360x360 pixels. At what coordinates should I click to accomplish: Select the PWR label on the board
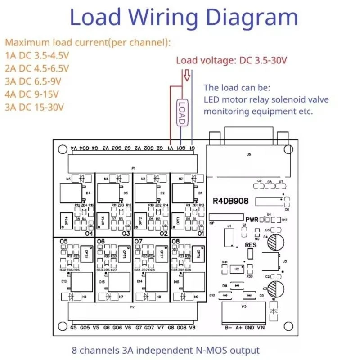click(252, 219)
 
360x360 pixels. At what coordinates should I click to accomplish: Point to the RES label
click(251, 245)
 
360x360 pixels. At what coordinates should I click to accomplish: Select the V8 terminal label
click(192, 327)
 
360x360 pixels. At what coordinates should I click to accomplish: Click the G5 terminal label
click(74, 327)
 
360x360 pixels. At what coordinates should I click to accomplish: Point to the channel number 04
click(89, 234)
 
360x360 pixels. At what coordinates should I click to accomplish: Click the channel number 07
click(139, 242)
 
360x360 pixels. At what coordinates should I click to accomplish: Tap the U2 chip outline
click(234, 269)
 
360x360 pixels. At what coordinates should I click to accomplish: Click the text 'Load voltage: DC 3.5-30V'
click(231, 60)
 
